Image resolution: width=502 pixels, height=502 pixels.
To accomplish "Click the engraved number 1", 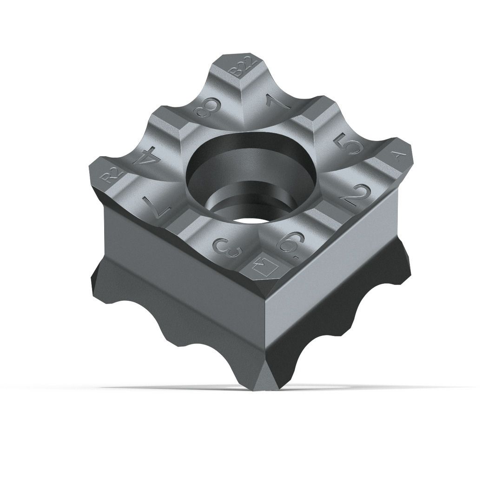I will (278, 101).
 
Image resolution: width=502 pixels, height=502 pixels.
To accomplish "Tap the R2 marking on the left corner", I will (112, 175).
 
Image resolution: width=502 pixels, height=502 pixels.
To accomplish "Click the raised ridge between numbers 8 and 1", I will (242, 100).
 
